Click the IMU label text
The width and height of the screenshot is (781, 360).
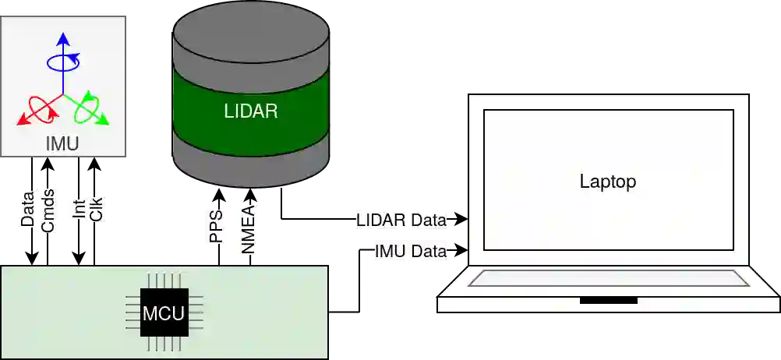62,143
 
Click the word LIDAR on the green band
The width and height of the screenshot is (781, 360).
251,111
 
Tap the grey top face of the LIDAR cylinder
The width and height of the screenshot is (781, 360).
251,32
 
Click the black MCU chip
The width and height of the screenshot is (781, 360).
164,313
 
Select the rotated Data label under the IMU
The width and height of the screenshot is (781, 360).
28,210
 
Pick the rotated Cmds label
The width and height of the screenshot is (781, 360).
48,210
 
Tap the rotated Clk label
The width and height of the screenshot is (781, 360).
97,208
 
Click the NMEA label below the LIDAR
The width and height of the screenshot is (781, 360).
249,228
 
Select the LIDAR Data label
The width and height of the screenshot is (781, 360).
402,220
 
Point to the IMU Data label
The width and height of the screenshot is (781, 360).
412,251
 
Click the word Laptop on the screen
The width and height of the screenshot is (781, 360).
608,182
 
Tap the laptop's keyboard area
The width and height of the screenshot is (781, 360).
608,279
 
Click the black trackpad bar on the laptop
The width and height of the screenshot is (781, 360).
608,300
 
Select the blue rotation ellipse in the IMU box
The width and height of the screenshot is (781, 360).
63,62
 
